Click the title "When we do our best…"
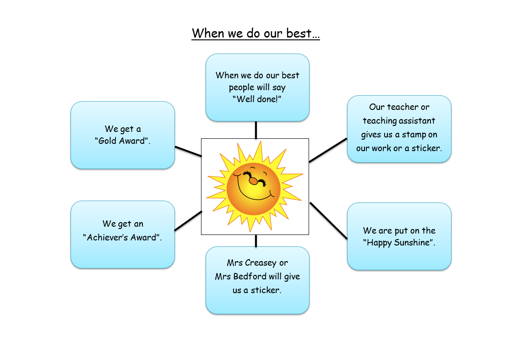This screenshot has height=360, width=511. point(256,33)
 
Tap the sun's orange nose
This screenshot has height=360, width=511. point(253,181)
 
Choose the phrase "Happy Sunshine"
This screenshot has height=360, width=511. point(398,243)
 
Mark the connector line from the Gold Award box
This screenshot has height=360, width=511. point(188,151)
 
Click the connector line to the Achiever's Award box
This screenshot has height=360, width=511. point(188,221)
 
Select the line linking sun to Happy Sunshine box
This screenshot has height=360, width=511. point(328,221)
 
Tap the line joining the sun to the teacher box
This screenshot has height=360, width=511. point(328,150)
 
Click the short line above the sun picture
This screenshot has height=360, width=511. point(256,130)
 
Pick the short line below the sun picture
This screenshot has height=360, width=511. point(256,240)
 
